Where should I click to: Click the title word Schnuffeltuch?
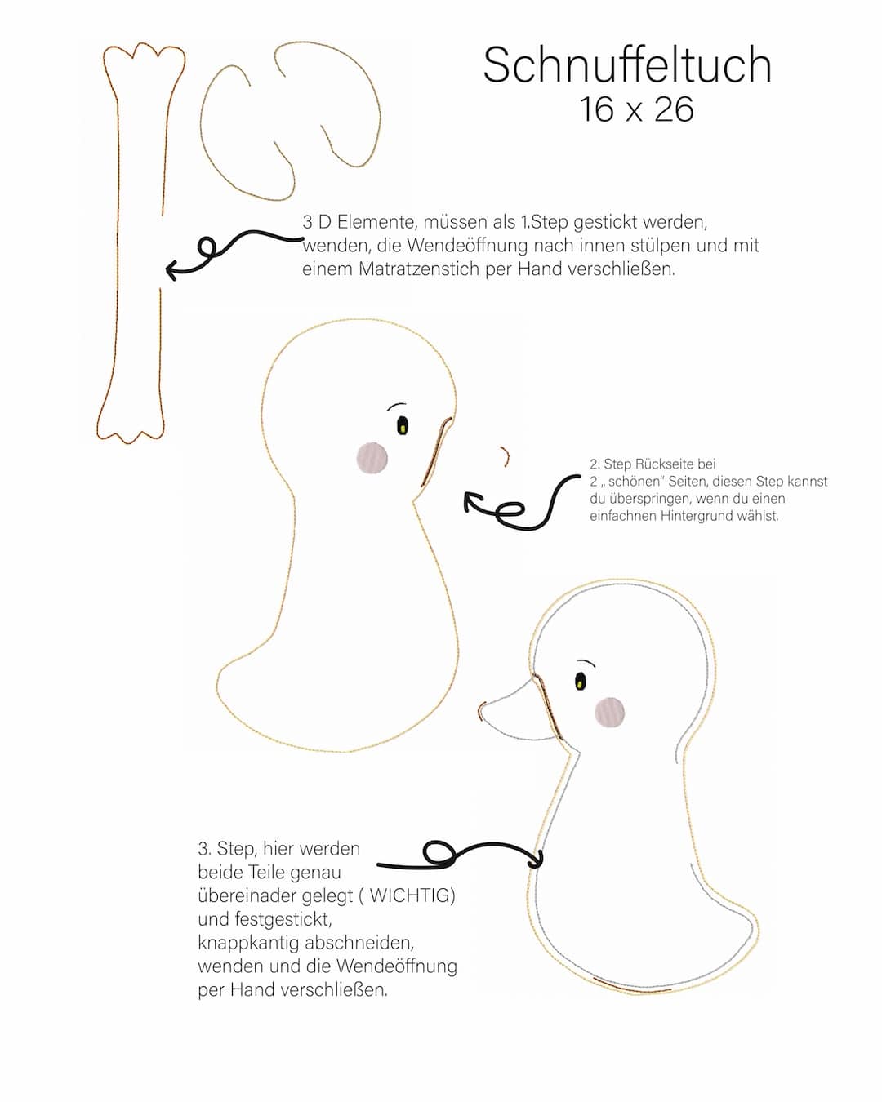tap(627, 65)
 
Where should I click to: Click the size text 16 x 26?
tap(636, 109)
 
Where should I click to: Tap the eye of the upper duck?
tap(403, 425)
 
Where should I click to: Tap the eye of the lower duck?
tap(580, 681)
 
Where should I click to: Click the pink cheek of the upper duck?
tap(372, 458)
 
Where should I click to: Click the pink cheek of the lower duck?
tap(610, 712)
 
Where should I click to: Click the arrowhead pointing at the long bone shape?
tap(173, 269)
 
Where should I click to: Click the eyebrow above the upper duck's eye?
tap(396, 406)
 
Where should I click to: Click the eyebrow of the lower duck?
tap(586, 662)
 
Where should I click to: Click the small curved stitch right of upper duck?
tap(506, 455)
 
